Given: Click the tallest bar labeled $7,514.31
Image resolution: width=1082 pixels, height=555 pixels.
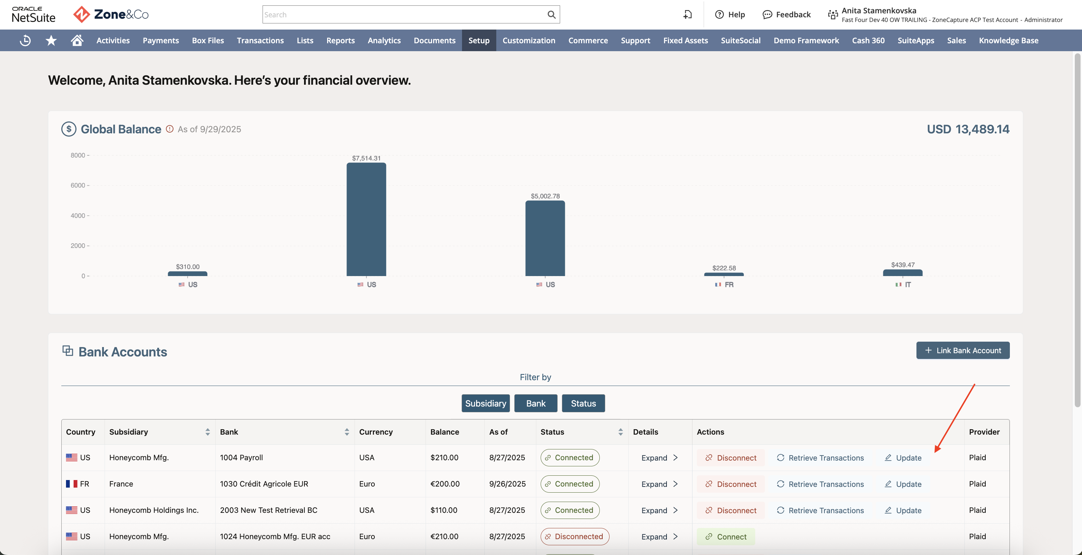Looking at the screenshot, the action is (x=366, y=219).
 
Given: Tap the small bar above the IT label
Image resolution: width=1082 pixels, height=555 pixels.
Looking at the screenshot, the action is (x=903, y=273).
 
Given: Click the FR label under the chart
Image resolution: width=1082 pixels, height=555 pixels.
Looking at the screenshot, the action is (x=729, y=285).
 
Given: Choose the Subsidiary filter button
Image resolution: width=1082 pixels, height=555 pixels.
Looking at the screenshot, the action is (x=485, y=403).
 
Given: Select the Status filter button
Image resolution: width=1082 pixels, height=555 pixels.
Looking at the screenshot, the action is (x=584, y=403).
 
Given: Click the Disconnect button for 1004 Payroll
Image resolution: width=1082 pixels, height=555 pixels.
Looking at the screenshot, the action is (x=731, y=458).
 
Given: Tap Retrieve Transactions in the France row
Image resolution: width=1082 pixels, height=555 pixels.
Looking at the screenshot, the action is (x=820, y=484).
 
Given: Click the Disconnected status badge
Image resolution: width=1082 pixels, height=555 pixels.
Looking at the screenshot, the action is (x=575, y=537).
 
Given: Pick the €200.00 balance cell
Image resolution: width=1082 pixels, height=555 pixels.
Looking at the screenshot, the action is (x=445, y=484).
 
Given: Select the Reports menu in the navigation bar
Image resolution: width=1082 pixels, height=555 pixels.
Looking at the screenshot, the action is (x=340, y=40).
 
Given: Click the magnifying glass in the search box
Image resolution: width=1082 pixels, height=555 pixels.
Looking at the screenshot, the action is (x=551, y=15).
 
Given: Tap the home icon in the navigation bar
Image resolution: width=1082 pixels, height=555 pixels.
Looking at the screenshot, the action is (x=77, y=40).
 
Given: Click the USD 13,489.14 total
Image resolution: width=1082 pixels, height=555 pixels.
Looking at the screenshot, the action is (x=968, y=129).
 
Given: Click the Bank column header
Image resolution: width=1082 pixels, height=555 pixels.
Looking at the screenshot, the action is (x=229, y=432).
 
